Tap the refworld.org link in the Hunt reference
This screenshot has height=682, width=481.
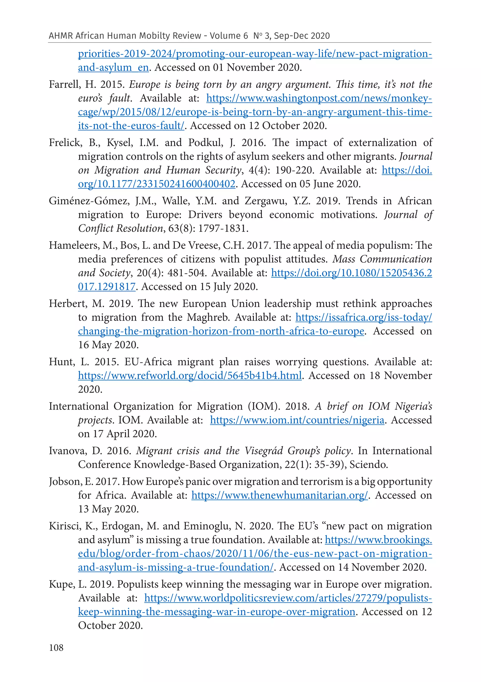(x=190, y=376)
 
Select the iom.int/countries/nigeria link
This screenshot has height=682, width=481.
(x=297, y=420)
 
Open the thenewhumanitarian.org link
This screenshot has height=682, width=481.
(x=279, y=495)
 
